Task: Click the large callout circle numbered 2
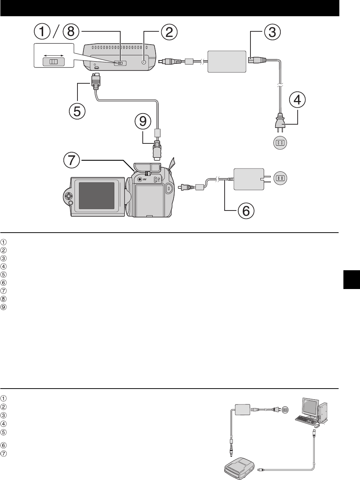click(x=168, y=32)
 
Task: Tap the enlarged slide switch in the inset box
click(x=53, y=62)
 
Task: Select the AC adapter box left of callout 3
click(x=226, y=62)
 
